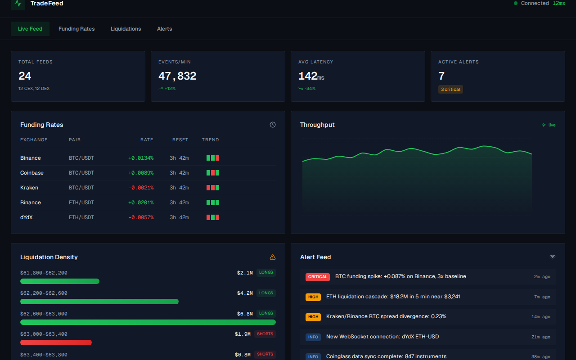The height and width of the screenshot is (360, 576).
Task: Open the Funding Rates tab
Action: click(76, 29)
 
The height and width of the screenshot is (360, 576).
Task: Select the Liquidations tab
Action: click(126, 29)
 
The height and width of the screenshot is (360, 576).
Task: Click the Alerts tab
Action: click(164, 29)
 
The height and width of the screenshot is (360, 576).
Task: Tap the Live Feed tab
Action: click(30, 29)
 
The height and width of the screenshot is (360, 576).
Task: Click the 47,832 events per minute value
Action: click(177, 76)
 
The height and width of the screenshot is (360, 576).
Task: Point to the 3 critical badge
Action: click(450, 90)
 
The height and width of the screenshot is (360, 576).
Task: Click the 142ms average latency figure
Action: click(311, 76)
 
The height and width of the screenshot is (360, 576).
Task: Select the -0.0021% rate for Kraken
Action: click(141, 188)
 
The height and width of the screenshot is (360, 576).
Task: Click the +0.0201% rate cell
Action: click(141, 202)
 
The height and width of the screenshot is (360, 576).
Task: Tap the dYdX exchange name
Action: click(27, 217)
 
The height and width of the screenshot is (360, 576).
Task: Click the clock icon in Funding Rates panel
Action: click(273, 125)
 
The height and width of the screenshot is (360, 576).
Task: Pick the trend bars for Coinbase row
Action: click(213, 173)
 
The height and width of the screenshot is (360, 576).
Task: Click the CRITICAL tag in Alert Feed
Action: click(317, 277)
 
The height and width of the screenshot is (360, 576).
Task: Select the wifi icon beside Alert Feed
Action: click(553, 257)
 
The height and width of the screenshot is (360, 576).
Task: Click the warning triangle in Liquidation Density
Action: click(273, 257)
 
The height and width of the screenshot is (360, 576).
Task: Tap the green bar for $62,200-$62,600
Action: click(99, 301)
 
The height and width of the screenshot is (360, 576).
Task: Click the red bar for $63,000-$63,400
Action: click(56, 342)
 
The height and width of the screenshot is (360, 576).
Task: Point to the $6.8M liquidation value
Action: click(245, 314)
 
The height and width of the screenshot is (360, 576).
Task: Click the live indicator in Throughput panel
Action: click(549, 125)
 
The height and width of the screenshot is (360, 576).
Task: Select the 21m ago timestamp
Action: click(540, 337)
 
